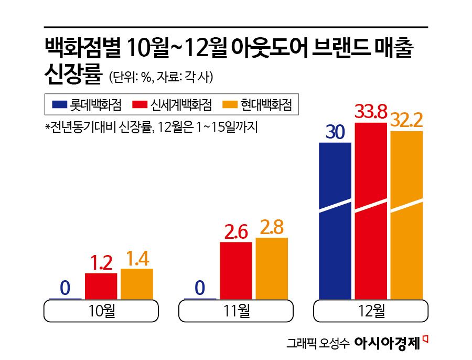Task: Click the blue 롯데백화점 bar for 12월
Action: pos(335,220)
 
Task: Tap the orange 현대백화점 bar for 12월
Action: pos(406,215)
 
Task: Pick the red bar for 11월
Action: pos(235,270)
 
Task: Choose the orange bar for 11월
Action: pos(272,268)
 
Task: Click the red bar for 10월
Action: pos(101,286)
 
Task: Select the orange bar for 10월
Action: pos(137,284)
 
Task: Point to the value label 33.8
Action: pos(371,112)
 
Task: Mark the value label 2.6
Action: pos(235,232)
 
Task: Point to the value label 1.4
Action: pos(137,259)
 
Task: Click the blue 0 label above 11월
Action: pos(200,288)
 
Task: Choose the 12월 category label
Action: pos(371,311)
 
